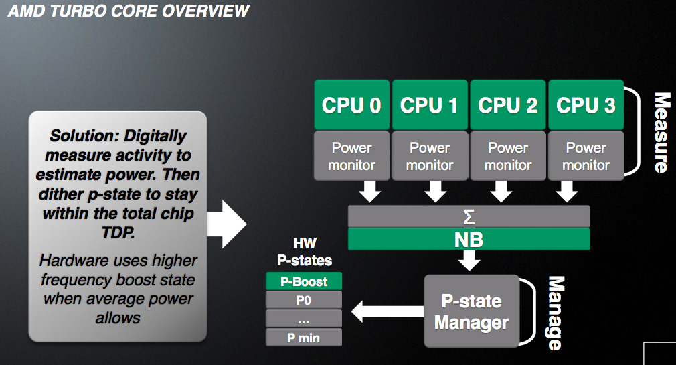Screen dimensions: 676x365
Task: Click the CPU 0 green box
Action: (x=352, y=105)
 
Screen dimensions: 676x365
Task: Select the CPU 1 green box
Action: (x=430, y=105)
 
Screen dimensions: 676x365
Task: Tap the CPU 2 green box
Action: (x=508, y=105)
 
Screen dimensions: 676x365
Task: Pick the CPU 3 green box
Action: (x=586, y=105)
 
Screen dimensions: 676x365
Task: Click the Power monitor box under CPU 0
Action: (x=352, y=156)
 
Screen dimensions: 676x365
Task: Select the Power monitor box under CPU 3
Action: (x=586, y=156)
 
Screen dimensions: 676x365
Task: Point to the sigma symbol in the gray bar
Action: (x=469, y=217)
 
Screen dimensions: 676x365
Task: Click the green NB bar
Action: (x=469, y=240)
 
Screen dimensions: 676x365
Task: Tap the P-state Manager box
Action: (x=472, y=311)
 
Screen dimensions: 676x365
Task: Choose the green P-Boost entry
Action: (x=304, y=281)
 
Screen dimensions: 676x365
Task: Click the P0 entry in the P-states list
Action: (x=304, y=300)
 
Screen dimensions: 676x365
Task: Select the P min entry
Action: (x=304, y=338)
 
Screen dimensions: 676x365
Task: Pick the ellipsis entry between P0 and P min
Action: (x=304, y=318)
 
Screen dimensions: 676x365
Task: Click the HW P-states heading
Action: (x=305, y=252)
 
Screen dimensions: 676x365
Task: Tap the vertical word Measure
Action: (x=662, y=133)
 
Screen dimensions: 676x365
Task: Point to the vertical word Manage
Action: (x=556, y=313)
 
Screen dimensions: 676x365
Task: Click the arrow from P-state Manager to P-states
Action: (x=388, y=311)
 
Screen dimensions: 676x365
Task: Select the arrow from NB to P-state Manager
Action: (x=469, y=261)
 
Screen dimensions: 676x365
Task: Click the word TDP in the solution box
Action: (x=118, y=233)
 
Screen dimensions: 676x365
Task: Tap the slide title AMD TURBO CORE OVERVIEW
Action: (x=129, y=11)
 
